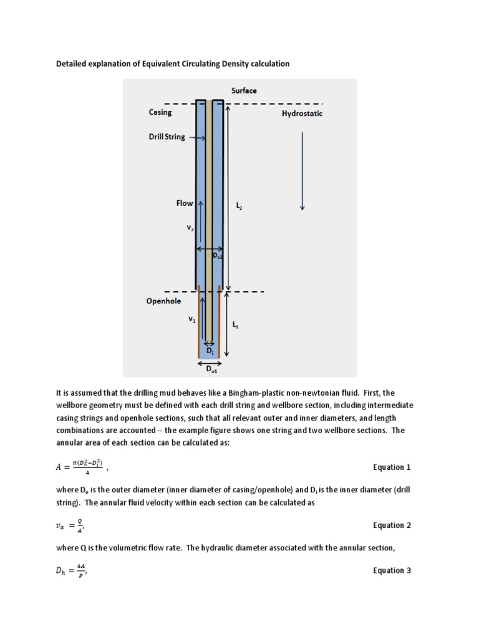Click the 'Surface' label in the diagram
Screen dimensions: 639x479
pyautogui.click(x=244, y=90)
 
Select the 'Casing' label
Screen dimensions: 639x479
pyautogui.click(x=160, y=112)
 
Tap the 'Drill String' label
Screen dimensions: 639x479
pyautogui.click(x=167, y=137)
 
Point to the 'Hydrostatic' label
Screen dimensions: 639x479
pyautogui.click(x=302, y=114)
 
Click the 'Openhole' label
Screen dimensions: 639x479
pyautogui.click(x=165, y=301)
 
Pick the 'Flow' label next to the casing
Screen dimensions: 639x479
pyautogui.click(x=185, y=203)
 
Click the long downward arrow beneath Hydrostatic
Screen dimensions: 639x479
pyautogui.click(x=302, y=172)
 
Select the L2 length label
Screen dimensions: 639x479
pyautogui.click(x=239, y=205)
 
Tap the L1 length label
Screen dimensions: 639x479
pyautogui.click(x=235, y=325)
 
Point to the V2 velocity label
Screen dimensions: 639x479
pyautogui.click(x=190, y=228)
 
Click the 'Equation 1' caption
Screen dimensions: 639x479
pyautogui.click(x=392, y=467)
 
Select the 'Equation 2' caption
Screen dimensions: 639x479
pyautogui.click(x=392, y=525)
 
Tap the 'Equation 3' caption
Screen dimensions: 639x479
pyautogui.click(x=392, y=570)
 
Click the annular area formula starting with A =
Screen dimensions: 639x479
pyautogui.click(x=81, y=466)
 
